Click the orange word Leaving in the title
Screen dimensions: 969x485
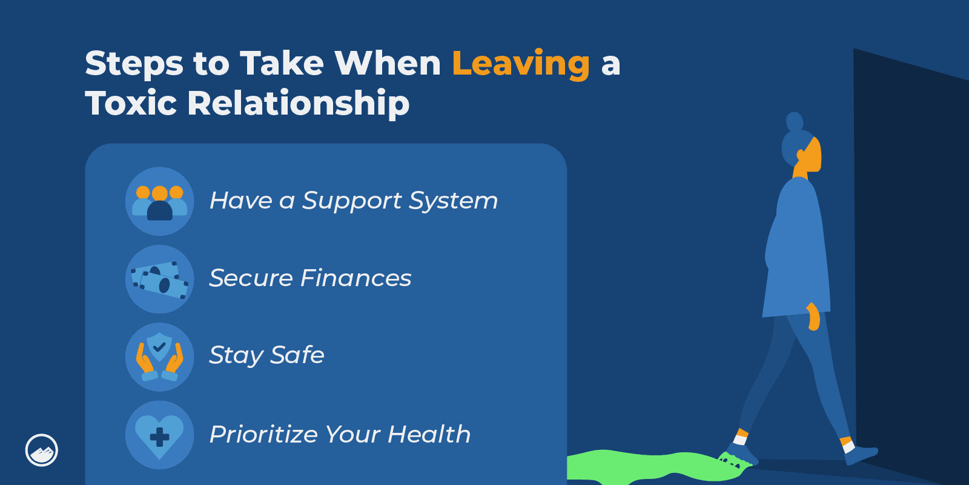pos(521,64)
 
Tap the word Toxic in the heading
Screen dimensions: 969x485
pos(131,103)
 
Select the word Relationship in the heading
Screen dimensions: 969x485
pos(299,104)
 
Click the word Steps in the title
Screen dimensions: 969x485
pos(134,64)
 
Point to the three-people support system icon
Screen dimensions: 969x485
pos(160,201)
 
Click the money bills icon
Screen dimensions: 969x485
pos(160,279)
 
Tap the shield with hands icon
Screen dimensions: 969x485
pos(160,357)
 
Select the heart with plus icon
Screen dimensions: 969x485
pos(160,435)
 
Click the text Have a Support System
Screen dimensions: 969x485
pos(354,201)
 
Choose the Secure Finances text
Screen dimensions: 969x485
pos(310,278)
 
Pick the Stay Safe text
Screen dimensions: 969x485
pos(266,356)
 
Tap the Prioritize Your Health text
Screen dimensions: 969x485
pos(340,434)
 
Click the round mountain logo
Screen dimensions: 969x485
pos(42,450)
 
